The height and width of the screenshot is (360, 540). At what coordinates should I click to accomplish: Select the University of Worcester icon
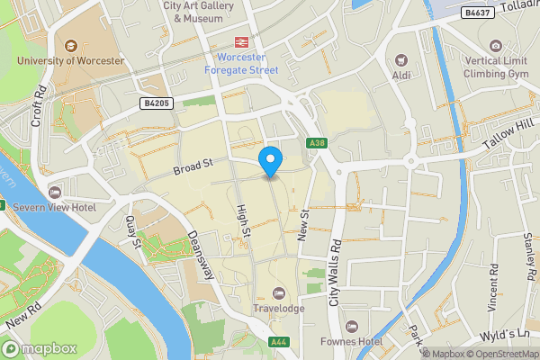70,45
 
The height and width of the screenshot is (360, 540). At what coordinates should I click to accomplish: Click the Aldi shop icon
401,59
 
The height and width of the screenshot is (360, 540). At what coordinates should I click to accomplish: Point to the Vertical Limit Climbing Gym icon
495,46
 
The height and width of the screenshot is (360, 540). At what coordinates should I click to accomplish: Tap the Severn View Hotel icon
55,193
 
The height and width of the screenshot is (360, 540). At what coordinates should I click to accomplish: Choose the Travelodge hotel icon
279,293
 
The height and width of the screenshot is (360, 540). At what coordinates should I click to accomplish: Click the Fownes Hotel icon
351,326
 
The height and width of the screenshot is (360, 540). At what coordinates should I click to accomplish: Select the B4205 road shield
157,104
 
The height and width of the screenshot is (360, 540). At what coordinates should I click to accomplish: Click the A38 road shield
316,143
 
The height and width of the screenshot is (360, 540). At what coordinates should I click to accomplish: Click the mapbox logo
39,348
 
